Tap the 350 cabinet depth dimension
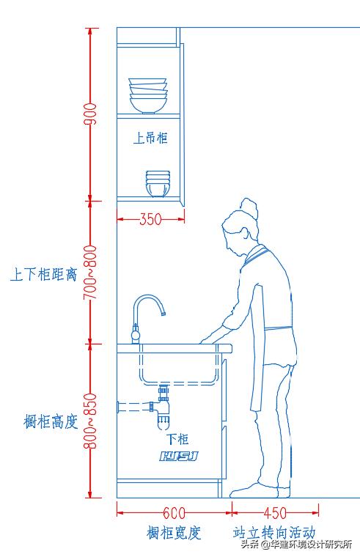(150, 218)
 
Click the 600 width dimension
(174, 513)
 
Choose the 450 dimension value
(275, 513)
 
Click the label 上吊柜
(150, 138)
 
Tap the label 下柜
(177, 439)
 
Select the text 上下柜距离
(43, 275)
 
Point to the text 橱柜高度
(50, 422)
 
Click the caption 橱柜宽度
(174, 532)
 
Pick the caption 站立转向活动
(274, 532)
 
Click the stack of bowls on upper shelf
(148, 95)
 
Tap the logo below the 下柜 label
(179, 457)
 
